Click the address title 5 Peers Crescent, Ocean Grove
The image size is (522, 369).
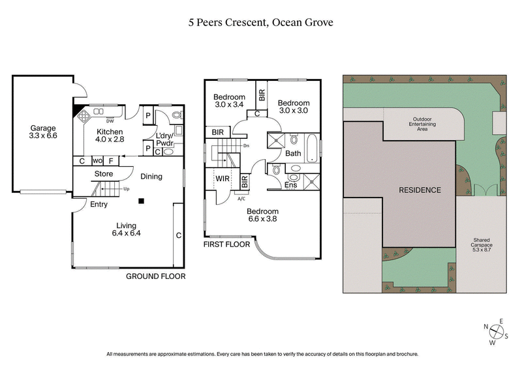(261, 22)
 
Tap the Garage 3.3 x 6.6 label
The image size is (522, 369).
(42, 132)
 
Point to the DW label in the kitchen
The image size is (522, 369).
(110, 121)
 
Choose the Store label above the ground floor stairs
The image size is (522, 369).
(104, 174)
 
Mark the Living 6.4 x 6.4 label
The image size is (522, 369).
(127, 229)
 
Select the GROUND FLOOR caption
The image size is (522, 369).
(155, 276)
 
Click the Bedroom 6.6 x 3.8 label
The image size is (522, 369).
(262, 215)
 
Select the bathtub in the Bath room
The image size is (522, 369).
(313, 149)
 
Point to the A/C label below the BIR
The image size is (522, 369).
(241, 198)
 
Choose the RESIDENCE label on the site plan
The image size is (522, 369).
(420, 190)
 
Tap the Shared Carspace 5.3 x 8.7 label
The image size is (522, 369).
(482, 244)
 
